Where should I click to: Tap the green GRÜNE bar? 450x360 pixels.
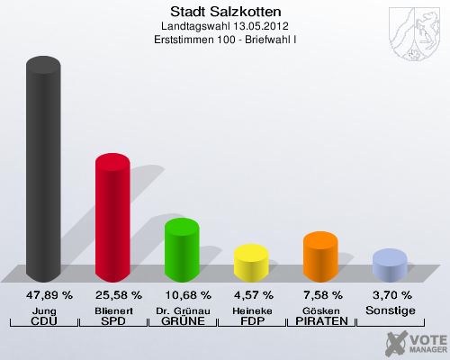click(182, 250)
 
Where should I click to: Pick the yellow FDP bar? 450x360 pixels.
click(251, 263)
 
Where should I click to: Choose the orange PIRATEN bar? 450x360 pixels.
click(320, 256)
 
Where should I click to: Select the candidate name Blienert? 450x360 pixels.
click(112, 310)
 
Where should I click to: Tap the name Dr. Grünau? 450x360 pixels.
click(182, 310)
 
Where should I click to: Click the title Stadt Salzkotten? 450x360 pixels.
click(225, 12)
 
